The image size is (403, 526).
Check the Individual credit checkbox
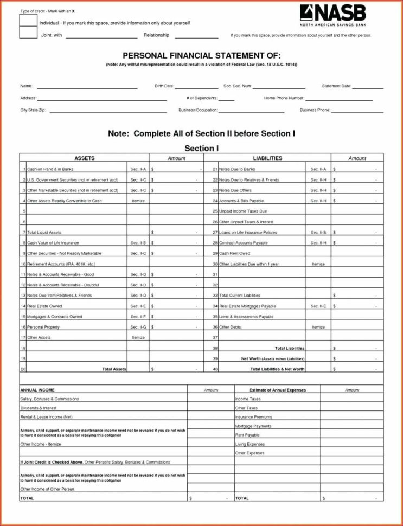28,21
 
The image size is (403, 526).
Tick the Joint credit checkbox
28,33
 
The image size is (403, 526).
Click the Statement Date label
336,86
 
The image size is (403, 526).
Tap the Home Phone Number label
284,98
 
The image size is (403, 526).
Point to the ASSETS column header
84,158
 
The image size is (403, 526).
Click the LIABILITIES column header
267,158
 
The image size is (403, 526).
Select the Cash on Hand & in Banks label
50,169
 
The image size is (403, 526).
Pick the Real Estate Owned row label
44,306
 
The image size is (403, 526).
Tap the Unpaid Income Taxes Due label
243,211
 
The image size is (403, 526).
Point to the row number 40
215,369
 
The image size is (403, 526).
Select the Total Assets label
114,369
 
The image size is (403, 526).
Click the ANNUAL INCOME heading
37,390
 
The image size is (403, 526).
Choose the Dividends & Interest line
39,408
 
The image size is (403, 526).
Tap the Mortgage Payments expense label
253,426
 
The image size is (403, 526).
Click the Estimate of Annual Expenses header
277,390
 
